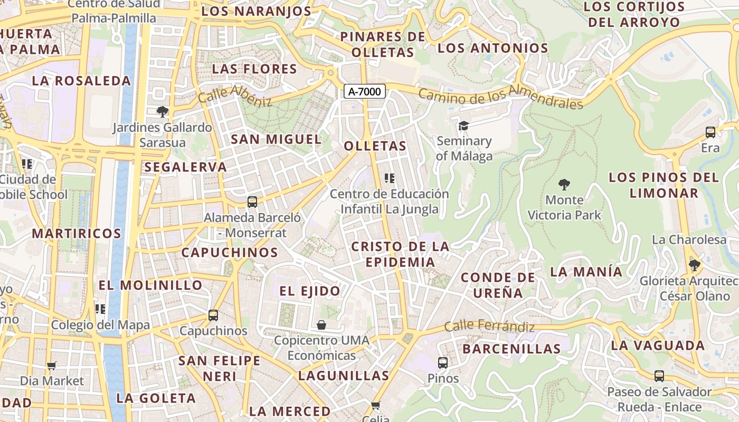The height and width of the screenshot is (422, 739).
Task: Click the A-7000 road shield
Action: click(x=365, y=91)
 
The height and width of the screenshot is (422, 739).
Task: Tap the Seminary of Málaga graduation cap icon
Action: click(x=463, y=126)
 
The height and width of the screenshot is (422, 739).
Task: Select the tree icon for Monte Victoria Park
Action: click(x=564, y=185)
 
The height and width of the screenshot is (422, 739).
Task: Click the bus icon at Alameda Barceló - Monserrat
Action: click(x=252, y=202)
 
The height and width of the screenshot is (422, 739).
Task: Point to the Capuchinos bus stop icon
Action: click(x=213, y=315)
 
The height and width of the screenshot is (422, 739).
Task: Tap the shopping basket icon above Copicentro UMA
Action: click(x=321, y=325)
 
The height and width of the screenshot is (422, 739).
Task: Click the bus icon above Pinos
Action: click(x=443, y=363)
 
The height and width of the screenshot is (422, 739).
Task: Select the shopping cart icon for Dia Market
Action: click(x=52, y=366)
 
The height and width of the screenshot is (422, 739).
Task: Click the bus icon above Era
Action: click(x=710, y=132)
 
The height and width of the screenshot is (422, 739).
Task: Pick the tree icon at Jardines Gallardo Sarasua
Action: click(x=162, y=111)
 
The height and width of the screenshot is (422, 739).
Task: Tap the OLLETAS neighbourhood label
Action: click(x=375, y=146)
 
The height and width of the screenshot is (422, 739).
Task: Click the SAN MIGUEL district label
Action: click(x=276, y=139)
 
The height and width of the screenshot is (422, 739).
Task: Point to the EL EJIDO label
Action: click(x=310, y=291)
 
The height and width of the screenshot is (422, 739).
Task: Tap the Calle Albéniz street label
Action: click(x=235, y=95)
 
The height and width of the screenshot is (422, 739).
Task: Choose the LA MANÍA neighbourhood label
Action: click(x=586, y=272)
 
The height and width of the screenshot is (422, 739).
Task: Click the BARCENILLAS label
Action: click(x=511, y=349)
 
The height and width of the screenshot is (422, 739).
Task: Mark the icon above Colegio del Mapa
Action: click(x=100, y=309)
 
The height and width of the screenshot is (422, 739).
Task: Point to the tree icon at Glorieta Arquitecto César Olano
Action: click(x=695, y=265)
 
